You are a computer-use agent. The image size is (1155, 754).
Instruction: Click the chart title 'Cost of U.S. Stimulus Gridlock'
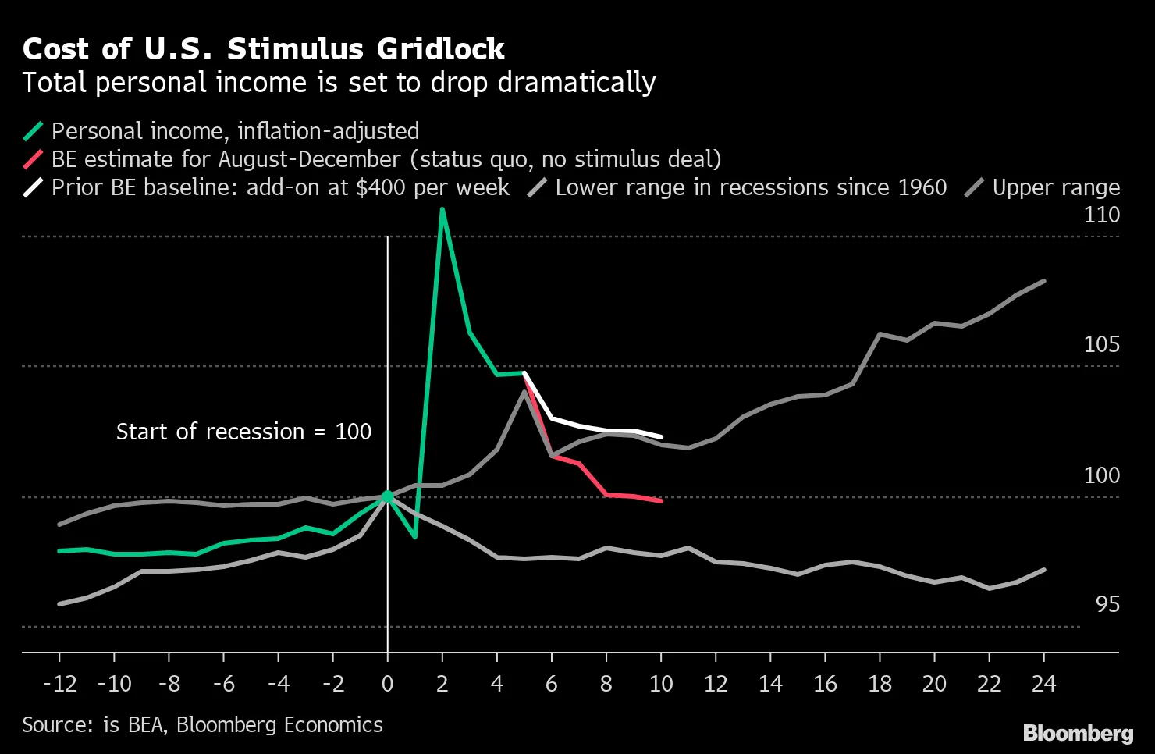pyautogui.click(x=263, y=49)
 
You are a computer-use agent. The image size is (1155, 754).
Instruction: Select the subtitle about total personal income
pyautogui.click(x=339, y=83)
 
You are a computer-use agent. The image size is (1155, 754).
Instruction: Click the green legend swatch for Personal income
pyautogui.click(x=34, y=131)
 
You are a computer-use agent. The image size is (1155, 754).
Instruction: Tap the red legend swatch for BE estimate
pyautogui.click(x=34, y=159)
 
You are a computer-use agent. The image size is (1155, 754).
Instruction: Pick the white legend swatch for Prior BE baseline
pyautogui.click(x=34, y=187)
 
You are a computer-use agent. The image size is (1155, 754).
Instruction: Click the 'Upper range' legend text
pyautogui.click(x=1055, y=187)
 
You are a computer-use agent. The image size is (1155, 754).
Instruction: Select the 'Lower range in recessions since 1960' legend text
pyautogui.click(x=751, y=187)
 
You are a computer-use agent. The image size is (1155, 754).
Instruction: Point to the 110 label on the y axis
pyautogui.click(x=1101, y=215)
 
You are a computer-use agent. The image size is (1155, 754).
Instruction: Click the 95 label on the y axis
pyautogui.click(x=1107, y=604)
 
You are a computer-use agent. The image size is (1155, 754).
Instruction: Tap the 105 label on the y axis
pyautogui.click(x=1101, y=344)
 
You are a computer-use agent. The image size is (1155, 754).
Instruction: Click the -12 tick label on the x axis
pyautogui.click(x=59, y=684)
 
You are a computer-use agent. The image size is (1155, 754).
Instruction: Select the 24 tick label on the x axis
pyautogui.click(x=1043, y=684)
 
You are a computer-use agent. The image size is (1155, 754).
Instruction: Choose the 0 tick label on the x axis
pyautogui.click(x=388, y=684)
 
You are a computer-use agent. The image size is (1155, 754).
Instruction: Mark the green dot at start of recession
pyautogui.click(x=388, y=496)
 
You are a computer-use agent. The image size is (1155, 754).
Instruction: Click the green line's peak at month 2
pyautogui.click(x=442, y=210)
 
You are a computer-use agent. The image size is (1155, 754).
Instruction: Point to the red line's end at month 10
pyautogui.click(x=661, y=500)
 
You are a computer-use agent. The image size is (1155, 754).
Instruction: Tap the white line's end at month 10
pyautogui.click(x=661, y=436)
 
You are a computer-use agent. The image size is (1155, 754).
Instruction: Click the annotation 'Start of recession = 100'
pyautogui.click(x=243, y=432)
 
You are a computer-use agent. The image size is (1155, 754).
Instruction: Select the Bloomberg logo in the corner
pyautogui.click(x=1078, y=734)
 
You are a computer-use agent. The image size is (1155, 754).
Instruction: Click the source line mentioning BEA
pyautogui.click(x=202, y=725)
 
